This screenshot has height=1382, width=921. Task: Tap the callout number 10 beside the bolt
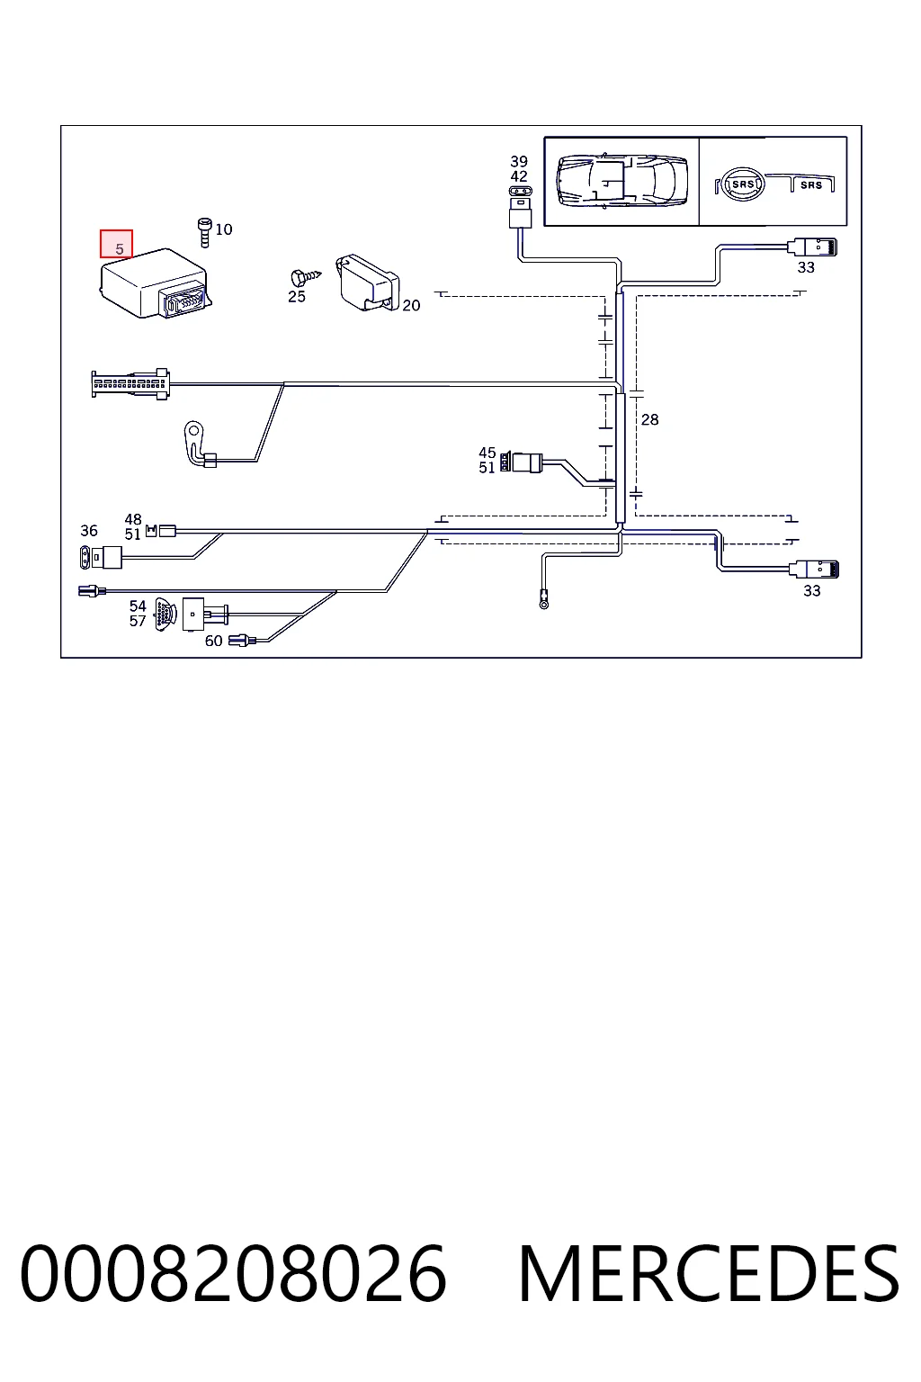[x=224, y=229]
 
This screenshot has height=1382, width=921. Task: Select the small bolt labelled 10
[x=204, y=233]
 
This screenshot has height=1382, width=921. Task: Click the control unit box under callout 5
[x=156, y=283]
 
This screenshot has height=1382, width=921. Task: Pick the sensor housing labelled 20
[x=368, y=283]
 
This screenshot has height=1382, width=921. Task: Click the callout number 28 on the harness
[x=649, y=419]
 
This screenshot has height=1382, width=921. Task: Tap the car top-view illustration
[x=621, y=182]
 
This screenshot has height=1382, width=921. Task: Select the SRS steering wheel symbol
[x=741, y=184]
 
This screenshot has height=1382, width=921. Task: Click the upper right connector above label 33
[x=812, y=247]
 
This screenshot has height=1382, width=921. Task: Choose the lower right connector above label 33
[x=814, y=569]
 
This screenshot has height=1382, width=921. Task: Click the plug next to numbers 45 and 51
[x=522, y=462]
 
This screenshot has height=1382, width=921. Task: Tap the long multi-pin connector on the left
[x=130, y=384]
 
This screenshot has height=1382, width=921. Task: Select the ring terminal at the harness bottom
[x=543, y=600]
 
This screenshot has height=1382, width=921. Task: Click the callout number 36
[x=89, y=531]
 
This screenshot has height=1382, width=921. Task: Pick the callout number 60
[x=213, y=641]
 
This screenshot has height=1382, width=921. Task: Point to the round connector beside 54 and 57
[x=165, y=615]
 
